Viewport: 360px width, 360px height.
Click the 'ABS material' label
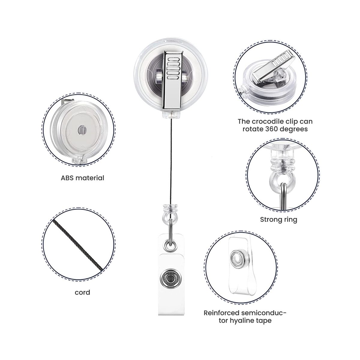click(x=82, y=178)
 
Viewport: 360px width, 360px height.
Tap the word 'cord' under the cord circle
click(x=82, y=292)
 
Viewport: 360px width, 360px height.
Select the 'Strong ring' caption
click(x=278, y=220)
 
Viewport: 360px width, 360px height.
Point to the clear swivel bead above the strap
click(x=170, y=211)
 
